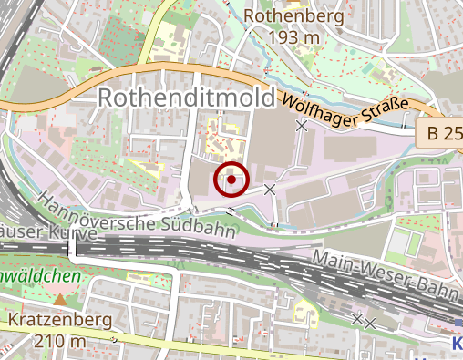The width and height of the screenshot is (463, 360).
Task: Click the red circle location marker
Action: click(x=232, y=180)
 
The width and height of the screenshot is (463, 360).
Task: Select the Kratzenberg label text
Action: click(x=60, y=321)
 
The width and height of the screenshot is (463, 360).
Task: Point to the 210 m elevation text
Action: click(x=60, y=342)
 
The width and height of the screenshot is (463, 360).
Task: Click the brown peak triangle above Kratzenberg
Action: click(x=60, y=299)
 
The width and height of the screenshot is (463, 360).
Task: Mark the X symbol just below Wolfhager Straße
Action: click(x=302, y=127)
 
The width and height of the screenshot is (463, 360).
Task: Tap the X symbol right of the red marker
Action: click(x=269, y=189)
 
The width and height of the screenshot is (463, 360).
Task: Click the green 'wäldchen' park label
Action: click(x=40, y=274)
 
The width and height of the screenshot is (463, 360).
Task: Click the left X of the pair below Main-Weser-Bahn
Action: click(x=357, y=318)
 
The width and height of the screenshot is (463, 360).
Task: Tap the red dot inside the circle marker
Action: click(x=232, y=180)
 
